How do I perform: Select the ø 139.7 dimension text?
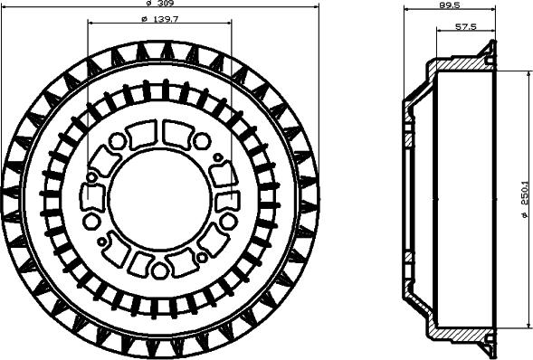click(159, 20)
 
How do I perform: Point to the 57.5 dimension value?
click(466, 27)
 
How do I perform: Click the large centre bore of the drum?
click(159, 195)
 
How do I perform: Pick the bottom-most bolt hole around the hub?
click(159, 270)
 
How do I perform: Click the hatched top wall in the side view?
click(462, 66)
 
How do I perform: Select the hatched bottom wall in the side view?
click(462, 332)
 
